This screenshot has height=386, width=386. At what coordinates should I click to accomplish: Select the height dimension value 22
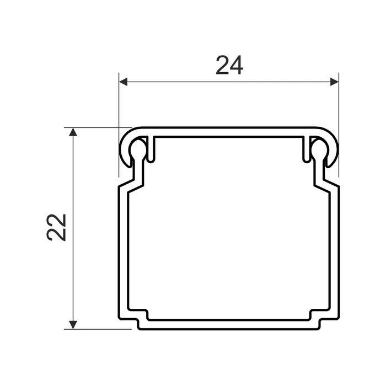click(57, 227)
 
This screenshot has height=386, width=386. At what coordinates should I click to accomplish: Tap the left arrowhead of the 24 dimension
click(124, 82)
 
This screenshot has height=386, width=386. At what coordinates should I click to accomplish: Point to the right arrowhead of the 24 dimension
click(334, 82)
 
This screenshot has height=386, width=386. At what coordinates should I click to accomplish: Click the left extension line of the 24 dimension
click(119, 110)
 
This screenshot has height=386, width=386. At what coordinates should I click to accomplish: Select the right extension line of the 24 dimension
click(338, 110)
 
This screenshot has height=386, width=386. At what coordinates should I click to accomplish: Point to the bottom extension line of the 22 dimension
click(99, 329)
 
